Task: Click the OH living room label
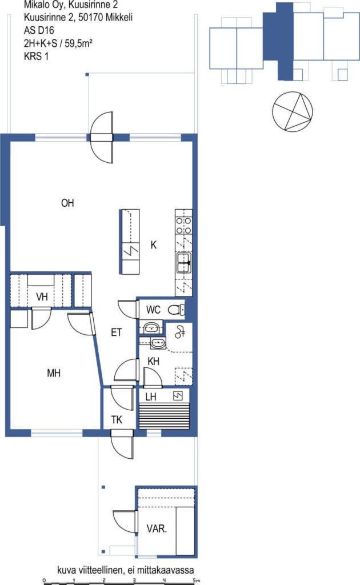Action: [67, 203]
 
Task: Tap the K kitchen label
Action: [153, 245]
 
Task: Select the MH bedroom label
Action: [54, 373]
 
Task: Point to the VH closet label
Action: [42, 297]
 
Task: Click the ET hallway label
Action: [117, 332]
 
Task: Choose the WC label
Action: [153, 310]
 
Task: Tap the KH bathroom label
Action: [153, 361]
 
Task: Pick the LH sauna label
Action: [151, 396]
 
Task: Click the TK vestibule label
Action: [117, 420]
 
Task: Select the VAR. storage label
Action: [157, 528]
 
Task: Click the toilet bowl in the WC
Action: [177, 310]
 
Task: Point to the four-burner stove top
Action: [184, 225]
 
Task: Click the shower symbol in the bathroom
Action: [180, 332]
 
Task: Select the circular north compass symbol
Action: [293, 111]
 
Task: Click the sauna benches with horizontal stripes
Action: [164, 416]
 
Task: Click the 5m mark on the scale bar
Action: [196, 580]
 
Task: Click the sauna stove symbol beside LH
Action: [178, 395]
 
